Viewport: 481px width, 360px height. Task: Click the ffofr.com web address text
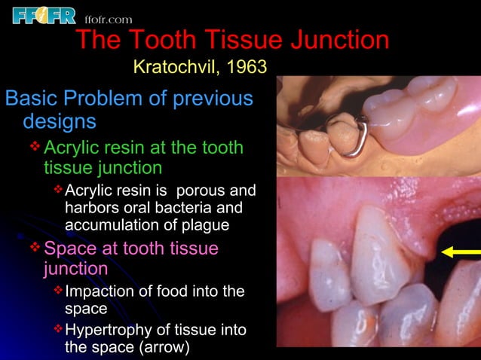coord(109,19)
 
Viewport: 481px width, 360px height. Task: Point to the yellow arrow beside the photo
coord(461,252)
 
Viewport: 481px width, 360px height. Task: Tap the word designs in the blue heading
coord(60,121)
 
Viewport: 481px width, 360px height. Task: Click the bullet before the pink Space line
coord(35,248)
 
